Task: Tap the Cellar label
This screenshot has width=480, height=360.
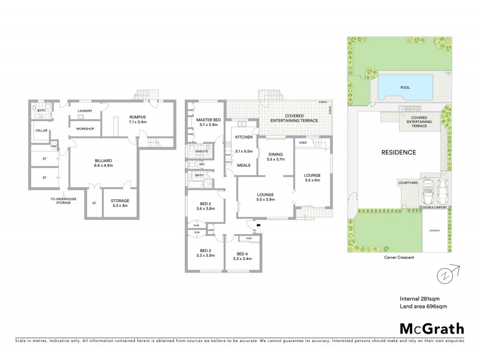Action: point(41,130)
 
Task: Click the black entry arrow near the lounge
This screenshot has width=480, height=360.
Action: point(257,226)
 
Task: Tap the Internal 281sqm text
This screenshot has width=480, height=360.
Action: point(421,298)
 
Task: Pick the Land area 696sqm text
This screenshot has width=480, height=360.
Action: point(423,307)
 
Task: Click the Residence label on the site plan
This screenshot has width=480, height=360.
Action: point(399,152)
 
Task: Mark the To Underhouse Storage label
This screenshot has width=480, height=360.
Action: point(60,201)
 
